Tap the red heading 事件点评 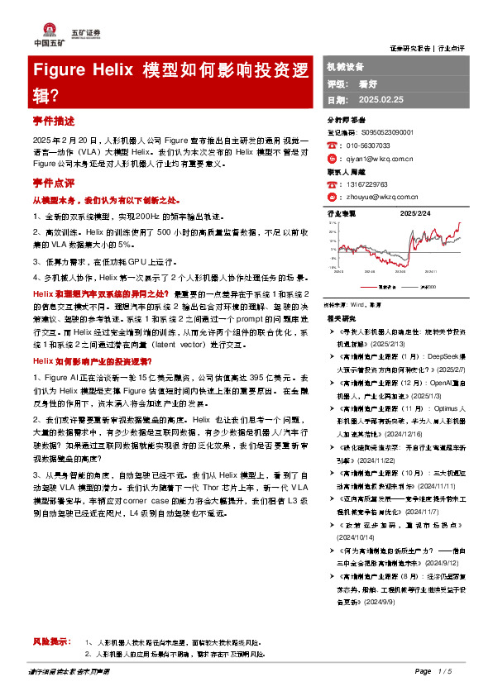(54, 181)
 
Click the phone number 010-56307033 (366, 145)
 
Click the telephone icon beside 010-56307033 (332, 145)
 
